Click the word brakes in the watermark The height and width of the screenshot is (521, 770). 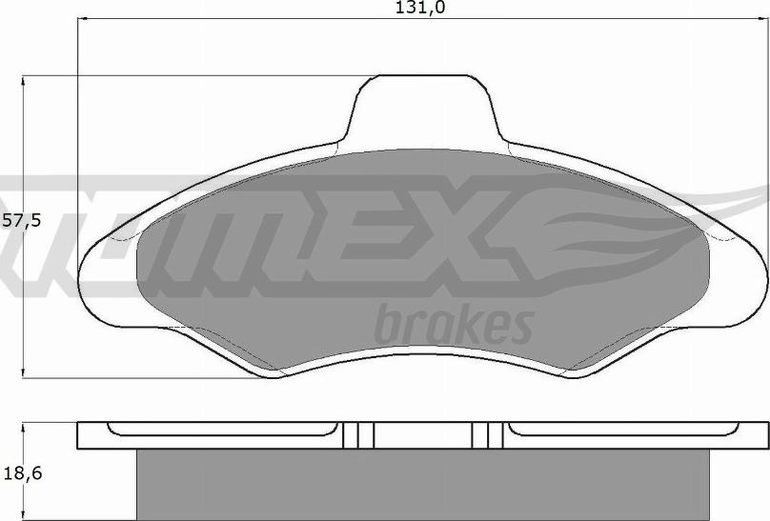453,325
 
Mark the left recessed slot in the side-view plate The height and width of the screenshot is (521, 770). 224,431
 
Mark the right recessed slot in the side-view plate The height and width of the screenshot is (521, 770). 624,431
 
